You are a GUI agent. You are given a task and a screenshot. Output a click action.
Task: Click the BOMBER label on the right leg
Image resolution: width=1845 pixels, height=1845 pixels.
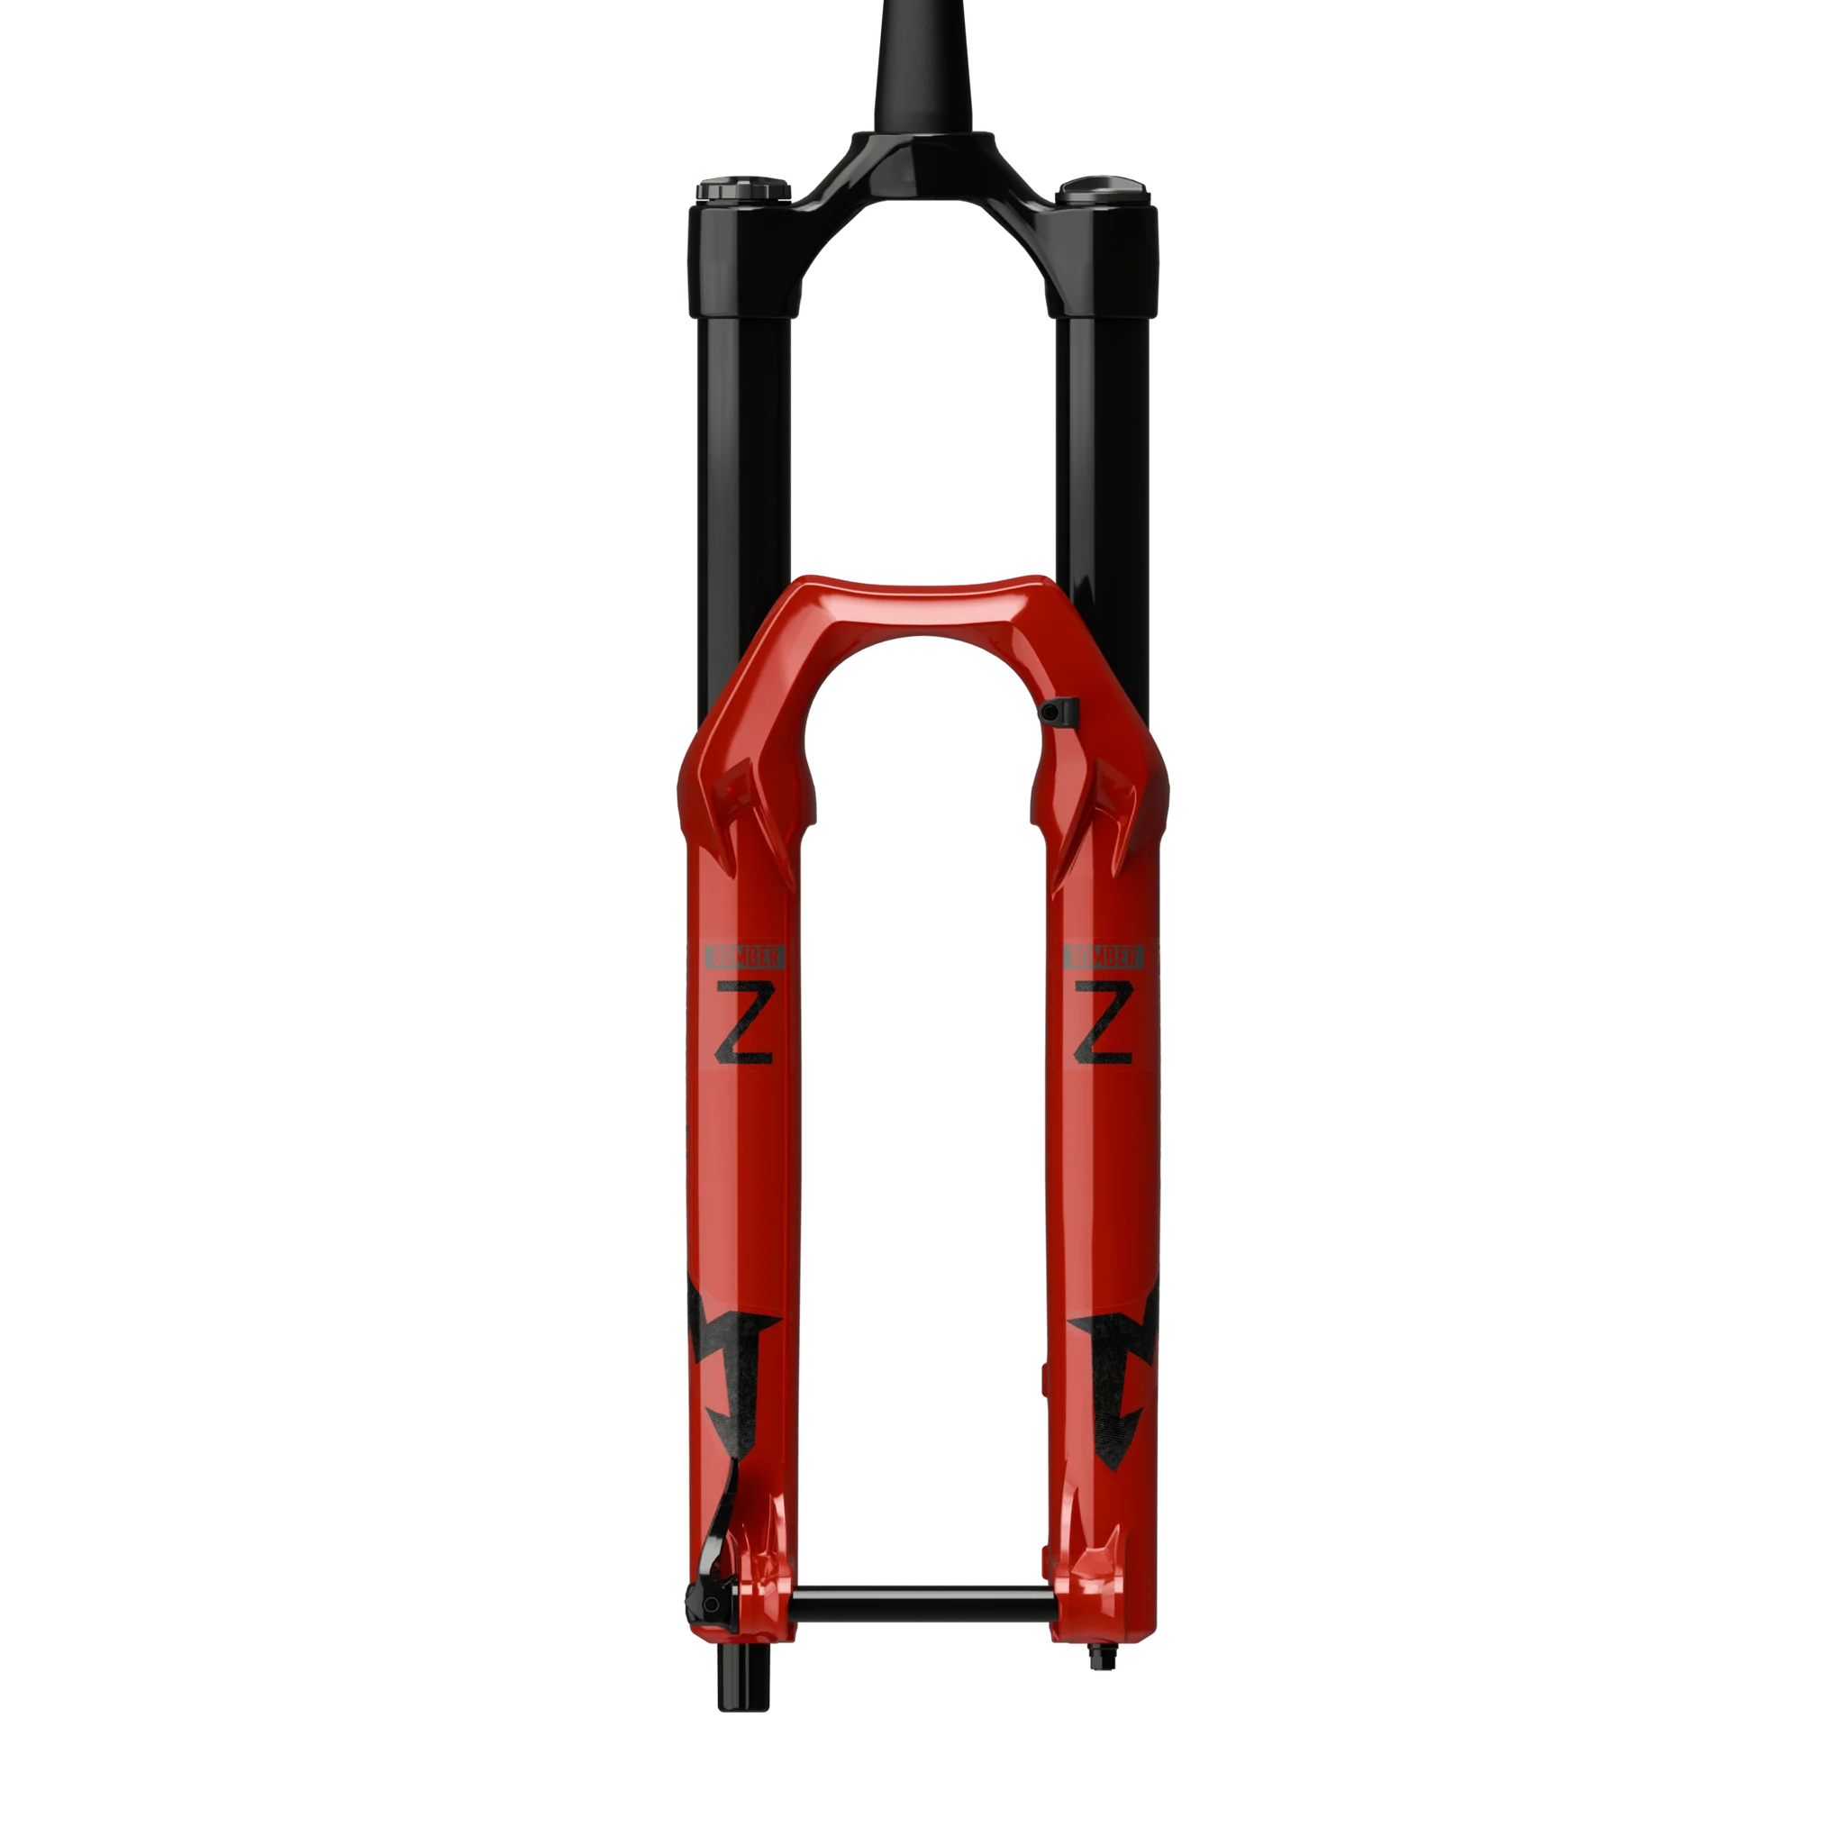coord(1104,956)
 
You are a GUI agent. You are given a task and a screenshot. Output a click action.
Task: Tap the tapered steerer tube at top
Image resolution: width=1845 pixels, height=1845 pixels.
coord(922,67)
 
